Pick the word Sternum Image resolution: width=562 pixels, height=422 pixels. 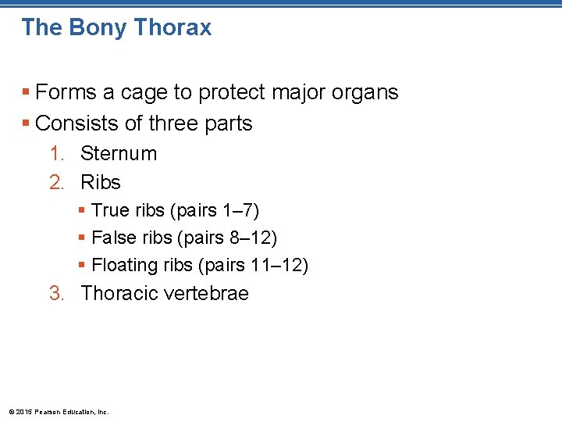119,153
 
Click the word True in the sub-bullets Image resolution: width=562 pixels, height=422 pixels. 109,211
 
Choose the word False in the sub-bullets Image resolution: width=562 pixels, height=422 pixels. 113,237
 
